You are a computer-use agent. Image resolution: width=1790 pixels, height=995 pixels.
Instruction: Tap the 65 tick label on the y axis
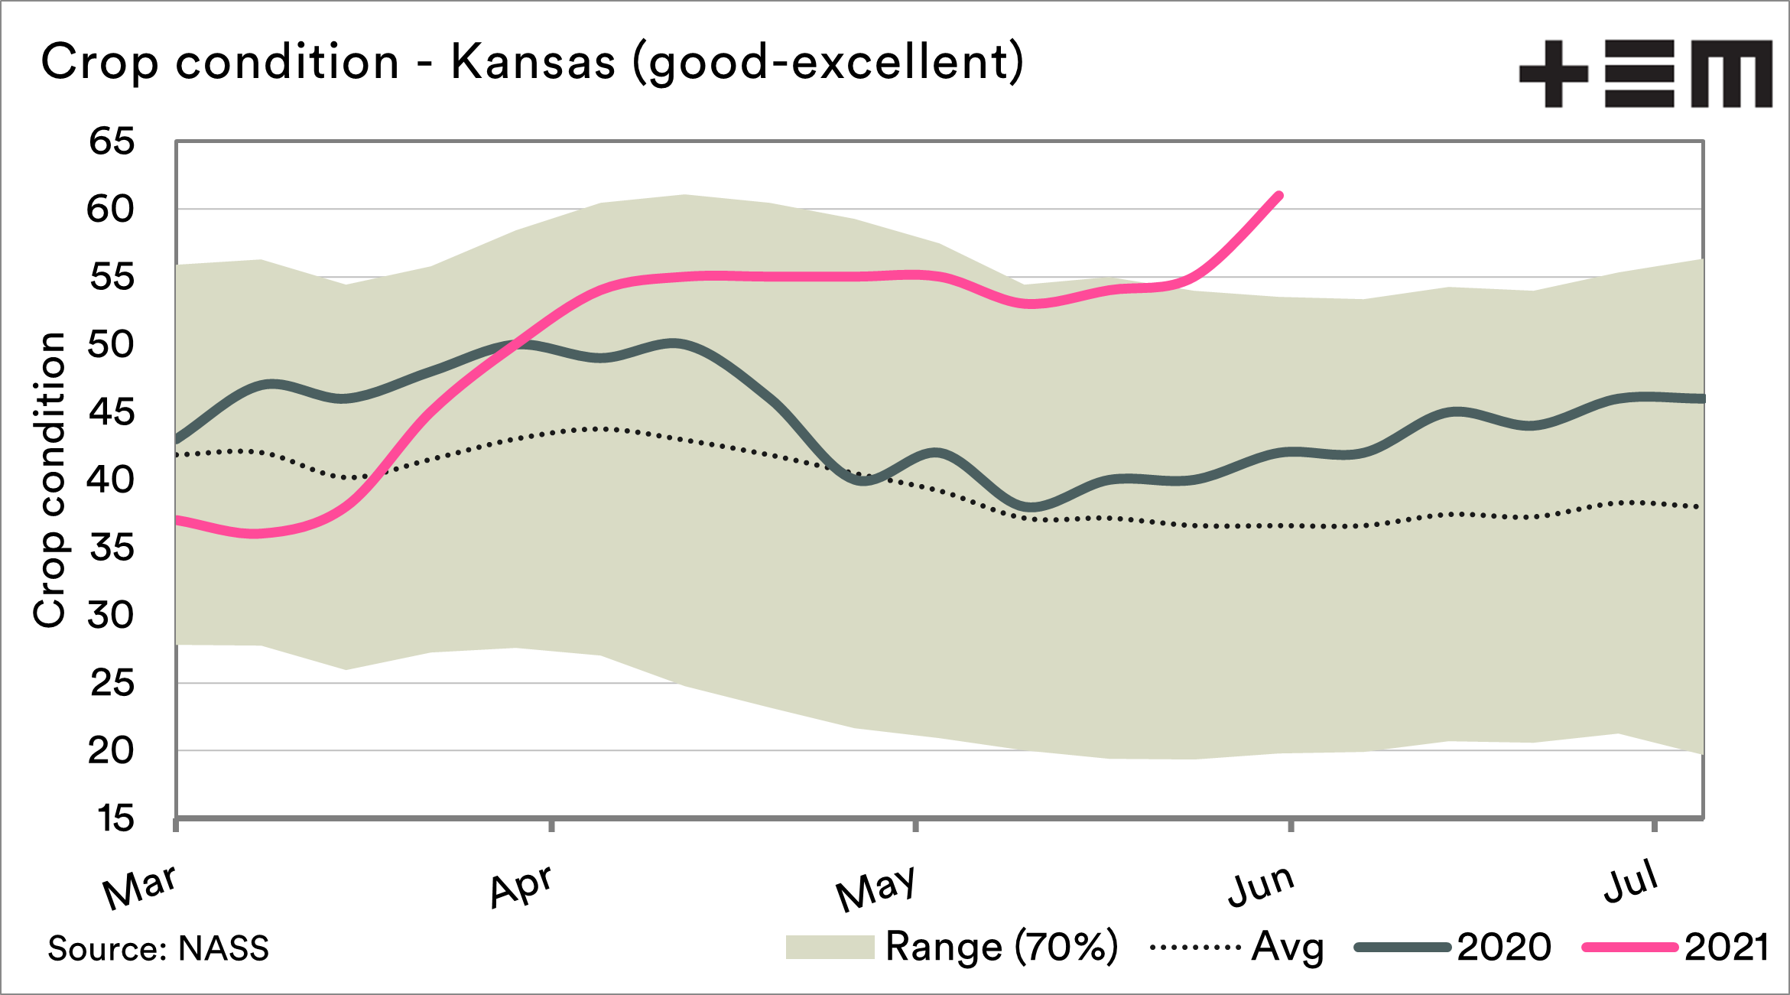point(112,141)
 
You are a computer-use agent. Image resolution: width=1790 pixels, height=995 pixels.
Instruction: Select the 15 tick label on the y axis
point(115,818)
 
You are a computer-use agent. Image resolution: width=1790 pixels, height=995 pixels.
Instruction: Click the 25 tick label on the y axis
point(112,683)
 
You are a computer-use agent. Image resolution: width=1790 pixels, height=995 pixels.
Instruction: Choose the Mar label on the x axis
point(140,887)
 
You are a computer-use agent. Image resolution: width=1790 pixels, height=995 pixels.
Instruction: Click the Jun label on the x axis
point(1261,886)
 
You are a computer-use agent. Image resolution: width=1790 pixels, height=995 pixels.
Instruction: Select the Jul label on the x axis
point(1631,882)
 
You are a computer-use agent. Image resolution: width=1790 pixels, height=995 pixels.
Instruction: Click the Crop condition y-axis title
point(50,480)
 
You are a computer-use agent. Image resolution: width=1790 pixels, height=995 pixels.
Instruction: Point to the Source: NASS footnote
point(158,948)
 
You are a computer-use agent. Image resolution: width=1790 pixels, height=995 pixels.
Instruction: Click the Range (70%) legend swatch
point(830,948)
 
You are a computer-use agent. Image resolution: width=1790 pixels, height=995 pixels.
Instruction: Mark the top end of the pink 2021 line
point(1280,196)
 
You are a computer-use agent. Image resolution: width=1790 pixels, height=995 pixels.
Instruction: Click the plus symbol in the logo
point(1553,73)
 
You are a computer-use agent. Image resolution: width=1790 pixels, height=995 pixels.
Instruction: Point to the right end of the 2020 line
point(1701,398)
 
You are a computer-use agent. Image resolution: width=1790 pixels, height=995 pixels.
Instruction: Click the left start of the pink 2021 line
point(178,520)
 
